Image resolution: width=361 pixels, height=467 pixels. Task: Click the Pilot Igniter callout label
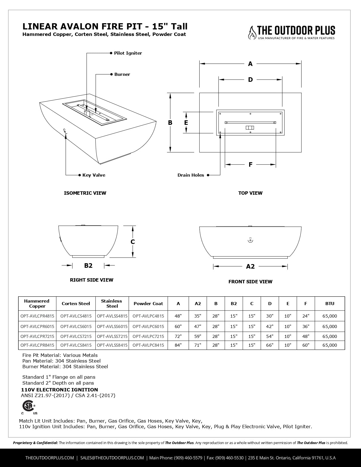[128, 53]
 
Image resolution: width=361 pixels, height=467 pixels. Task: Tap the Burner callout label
[122, 74]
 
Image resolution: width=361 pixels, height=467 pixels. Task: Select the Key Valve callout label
[94, 175]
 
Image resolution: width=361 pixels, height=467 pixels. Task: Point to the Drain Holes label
[191, 175]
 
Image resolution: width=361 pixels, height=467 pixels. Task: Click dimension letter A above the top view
[250, 64]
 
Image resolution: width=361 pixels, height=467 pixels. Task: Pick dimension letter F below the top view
[250, 164]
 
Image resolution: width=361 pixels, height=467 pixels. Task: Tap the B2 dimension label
[88, 265]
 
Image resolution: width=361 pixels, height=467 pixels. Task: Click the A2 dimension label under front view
[250, 266]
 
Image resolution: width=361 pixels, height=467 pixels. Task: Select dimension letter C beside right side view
[133, 242]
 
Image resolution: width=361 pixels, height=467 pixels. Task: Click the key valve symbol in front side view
[250, 240]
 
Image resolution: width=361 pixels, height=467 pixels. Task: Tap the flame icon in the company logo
[251, 33]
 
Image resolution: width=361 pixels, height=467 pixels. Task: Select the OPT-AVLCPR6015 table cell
[37, 326]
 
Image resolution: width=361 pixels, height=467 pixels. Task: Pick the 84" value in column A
[178, 345]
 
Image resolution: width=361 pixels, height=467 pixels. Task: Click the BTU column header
[330, 304]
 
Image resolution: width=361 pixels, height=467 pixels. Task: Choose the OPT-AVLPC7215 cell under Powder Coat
[148, 337]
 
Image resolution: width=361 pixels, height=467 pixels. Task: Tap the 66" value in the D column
[270, 345]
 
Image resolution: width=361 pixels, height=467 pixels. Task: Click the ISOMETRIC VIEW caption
[85, 193]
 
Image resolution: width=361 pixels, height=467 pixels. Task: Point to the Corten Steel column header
[76, 304]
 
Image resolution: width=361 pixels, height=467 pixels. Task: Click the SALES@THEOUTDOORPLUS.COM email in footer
[112, 458]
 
